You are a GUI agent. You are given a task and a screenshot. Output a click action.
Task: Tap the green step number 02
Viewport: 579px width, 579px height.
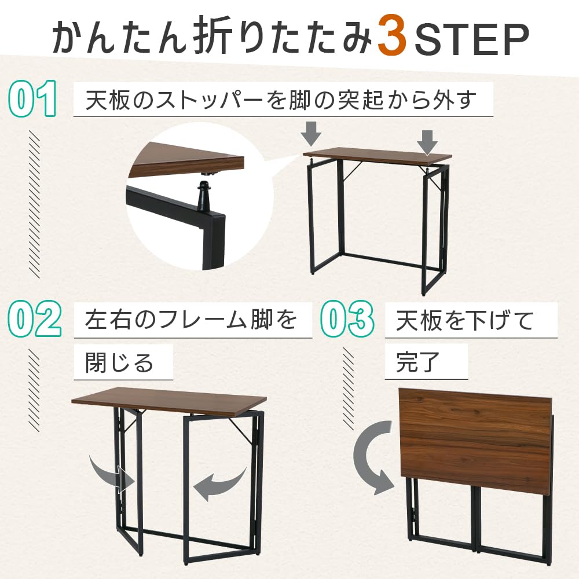(x=35, y=320)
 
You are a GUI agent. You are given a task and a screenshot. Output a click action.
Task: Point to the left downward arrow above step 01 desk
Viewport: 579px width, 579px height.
(x=312, y=133)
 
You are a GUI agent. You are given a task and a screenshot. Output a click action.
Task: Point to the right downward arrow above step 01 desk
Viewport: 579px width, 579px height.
(x=427, y=141)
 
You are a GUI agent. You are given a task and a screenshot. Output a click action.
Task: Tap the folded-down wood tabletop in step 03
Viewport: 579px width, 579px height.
(x=475, y=431)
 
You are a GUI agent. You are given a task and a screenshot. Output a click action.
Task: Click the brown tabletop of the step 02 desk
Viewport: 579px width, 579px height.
(x=168, y=400)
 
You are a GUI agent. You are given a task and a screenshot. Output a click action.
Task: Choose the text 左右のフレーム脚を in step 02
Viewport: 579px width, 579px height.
(x=191, y=320)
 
